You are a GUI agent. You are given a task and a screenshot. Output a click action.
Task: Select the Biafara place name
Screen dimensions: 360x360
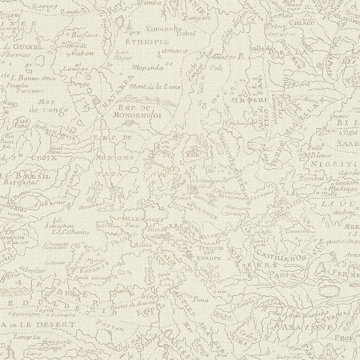(85, 36)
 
